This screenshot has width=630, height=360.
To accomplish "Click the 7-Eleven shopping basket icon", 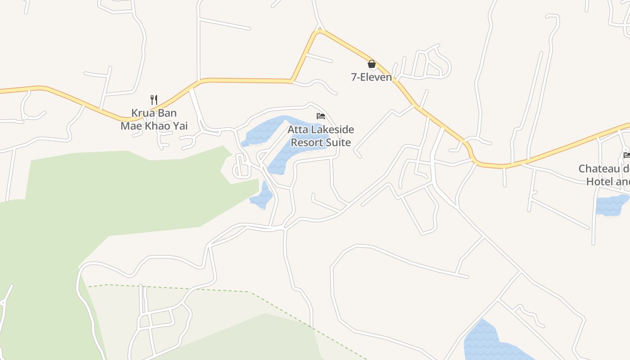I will point(372,64).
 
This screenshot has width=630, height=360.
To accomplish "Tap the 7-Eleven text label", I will point(371,77).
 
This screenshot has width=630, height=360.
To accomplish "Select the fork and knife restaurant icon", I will point(154,99).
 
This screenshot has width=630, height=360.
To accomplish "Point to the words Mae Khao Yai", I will point(154,126).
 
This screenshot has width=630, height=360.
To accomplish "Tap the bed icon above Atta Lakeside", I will point(320,117).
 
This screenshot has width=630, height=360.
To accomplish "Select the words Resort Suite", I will point(320,143).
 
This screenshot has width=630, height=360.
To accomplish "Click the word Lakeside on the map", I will point(331,130).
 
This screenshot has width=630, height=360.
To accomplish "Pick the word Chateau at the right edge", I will point(598,169).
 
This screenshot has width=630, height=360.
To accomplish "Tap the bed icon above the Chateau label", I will point(626,155).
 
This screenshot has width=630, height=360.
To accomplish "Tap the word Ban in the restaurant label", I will point(167,113).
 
